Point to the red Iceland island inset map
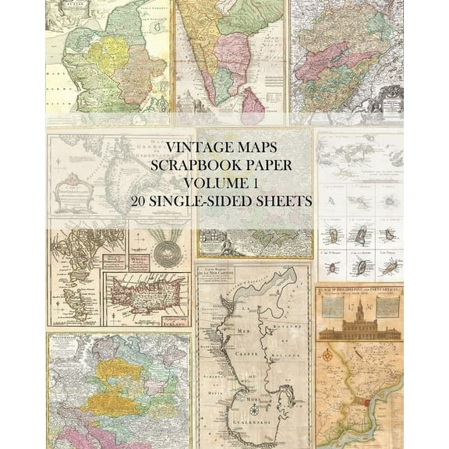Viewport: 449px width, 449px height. pos(149,299)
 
